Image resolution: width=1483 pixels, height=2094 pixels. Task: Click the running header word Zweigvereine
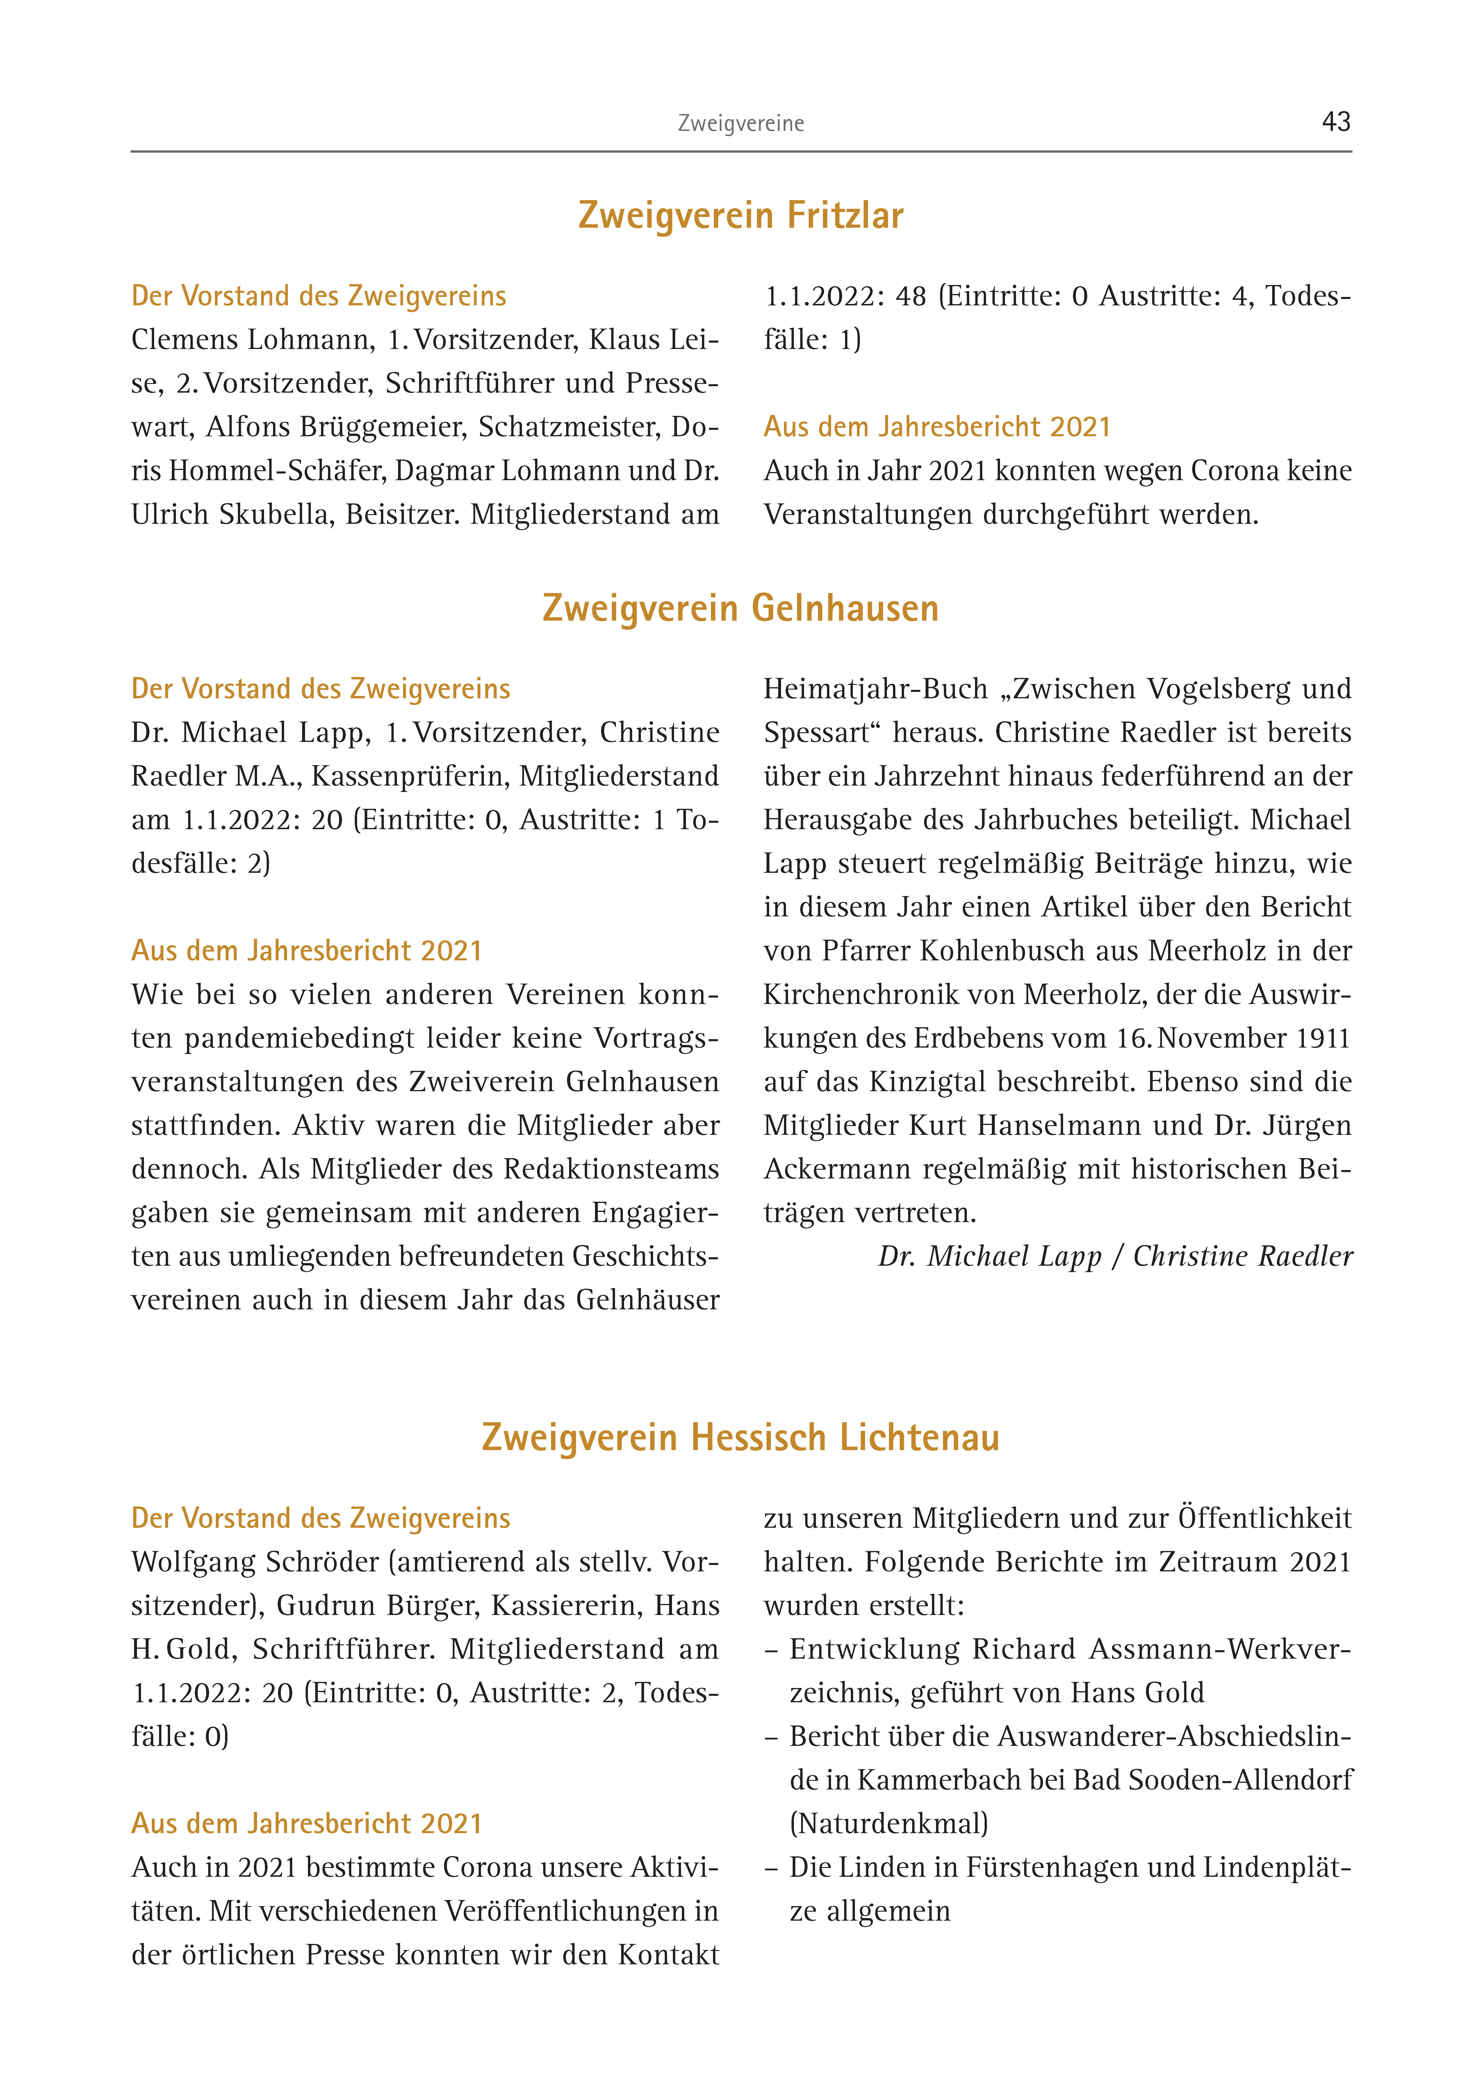[741, 123]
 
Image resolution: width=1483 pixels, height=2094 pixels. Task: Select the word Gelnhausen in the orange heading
[845, 608]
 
